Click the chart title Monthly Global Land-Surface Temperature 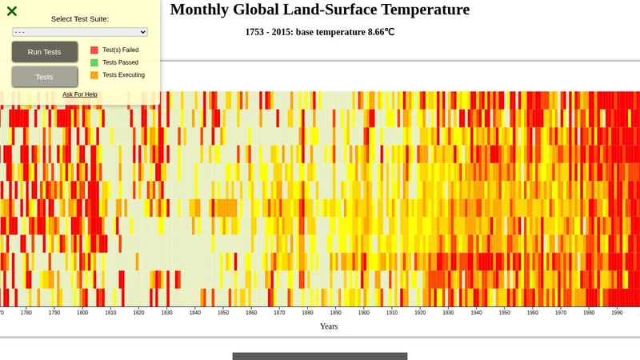[320, 10]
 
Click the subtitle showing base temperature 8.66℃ [320, 33]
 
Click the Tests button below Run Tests [45, 77]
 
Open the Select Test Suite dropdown [80, 32]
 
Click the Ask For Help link [80, 94]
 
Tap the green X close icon [12, 11]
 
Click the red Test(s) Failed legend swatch [94, 50]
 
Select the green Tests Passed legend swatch [94, 62]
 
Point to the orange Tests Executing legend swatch [94, 75]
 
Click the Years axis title [329, 326]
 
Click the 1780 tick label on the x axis [26, 314]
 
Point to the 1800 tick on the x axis [82, 314]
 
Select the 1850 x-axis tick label [223, 314]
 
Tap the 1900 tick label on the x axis [364, 314]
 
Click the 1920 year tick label [420, 314]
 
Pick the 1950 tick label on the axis [505, 314]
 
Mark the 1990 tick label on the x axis [617, 314]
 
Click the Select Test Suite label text [80, 18]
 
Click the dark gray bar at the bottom [320, 356]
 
